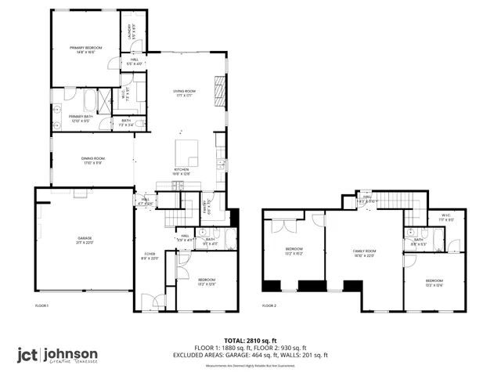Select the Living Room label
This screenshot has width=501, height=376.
pos(184,93)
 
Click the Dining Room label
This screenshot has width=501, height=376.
pos(92,161)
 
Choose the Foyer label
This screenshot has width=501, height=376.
pos(150,257)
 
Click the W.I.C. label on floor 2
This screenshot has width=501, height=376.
pos(446,219)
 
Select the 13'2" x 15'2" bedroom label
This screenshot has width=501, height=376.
pos(294,252)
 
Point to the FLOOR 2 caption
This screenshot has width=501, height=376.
pos(269,305)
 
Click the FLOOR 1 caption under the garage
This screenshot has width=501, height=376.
pos(42,305)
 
